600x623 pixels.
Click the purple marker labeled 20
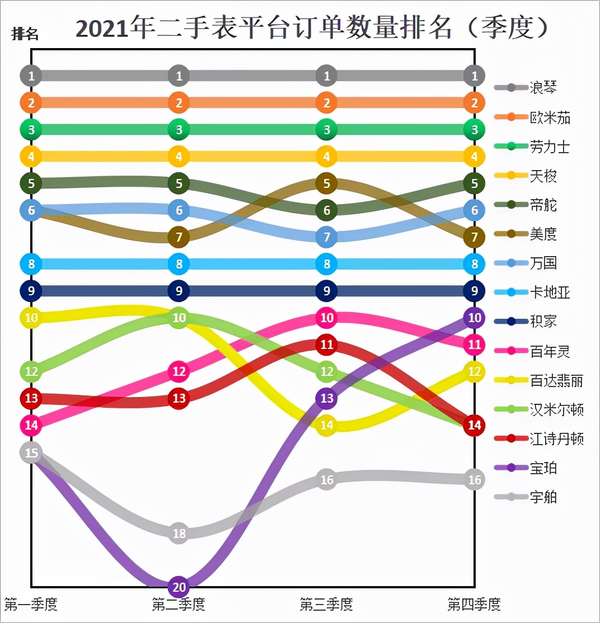coord(179,587)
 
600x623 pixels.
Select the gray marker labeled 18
coord(179,533)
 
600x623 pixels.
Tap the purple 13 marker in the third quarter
coord(327,399)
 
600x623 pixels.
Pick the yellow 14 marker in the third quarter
coord(327,425)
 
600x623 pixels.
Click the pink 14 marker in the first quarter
coord(31,426)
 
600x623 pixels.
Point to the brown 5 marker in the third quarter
coord(327,183)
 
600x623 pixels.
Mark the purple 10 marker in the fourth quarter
coord(474,318)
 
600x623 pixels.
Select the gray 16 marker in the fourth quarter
coord(474,479)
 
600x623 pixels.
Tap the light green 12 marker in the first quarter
coord(31,371)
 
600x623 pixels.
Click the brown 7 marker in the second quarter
coord(179,237)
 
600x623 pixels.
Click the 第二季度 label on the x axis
coord(179,604)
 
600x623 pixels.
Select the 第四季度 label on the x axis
coord(474,604)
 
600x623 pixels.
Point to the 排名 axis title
coord(25,34)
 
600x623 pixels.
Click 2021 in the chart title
coord(102,28)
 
